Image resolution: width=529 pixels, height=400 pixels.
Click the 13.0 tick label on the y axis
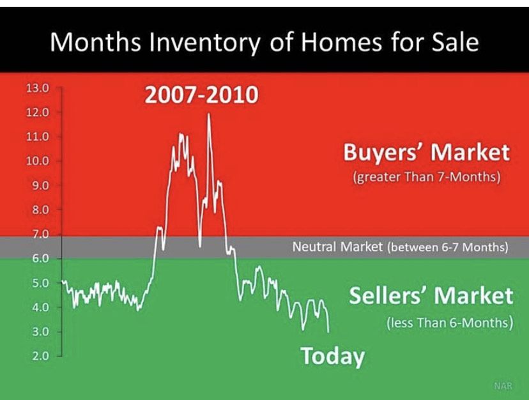[x=38, y=89]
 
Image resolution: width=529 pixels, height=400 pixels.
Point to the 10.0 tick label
[x=38, y=160]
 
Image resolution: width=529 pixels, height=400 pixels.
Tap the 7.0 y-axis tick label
[x=40, y=234]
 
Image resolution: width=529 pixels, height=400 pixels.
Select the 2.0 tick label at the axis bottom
[x=40, y=356]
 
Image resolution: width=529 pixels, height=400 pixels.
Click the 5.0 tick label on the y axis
[x=40, y=283]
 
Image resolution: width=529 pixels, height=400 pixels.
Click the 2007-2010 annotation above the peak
[x=201, y=95]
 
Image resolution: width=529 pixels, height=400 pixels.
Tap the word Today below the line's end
[x=333, y=357]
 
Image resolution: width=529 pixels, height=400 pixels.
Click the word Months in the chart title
[x=95, y=42]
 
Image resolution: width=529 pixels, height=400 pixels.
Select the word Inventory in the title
[x=205, y=43]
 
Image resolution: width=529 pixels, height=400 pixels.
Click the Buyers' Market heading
[x=426, y=152]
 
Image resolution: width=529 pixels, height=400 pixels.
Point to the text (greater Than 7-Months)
[x=426, y=176]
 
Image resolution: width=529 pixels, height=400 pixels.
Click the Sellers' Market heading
[x=431, y=295]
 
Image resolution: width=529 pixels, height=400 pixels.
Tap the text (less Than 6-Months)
[x=450, y=323]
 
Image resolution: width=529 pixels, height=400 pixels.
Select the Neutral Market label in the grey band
[x=337, y=247]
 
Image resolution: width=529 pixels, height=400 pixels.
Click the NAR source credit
[x=503, y=386]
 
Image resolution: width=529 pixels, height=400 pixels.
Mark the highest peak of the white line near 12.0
[x=208, y=114]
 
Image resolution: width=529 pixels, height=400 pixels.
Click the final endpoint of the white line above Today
[x=328, y=332]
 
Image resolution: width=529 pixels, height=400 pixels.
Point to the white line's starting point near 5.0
[x=63, y=281]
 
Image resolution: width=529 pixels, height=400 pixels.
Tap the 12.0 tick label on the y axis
[x=38, y=112]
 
